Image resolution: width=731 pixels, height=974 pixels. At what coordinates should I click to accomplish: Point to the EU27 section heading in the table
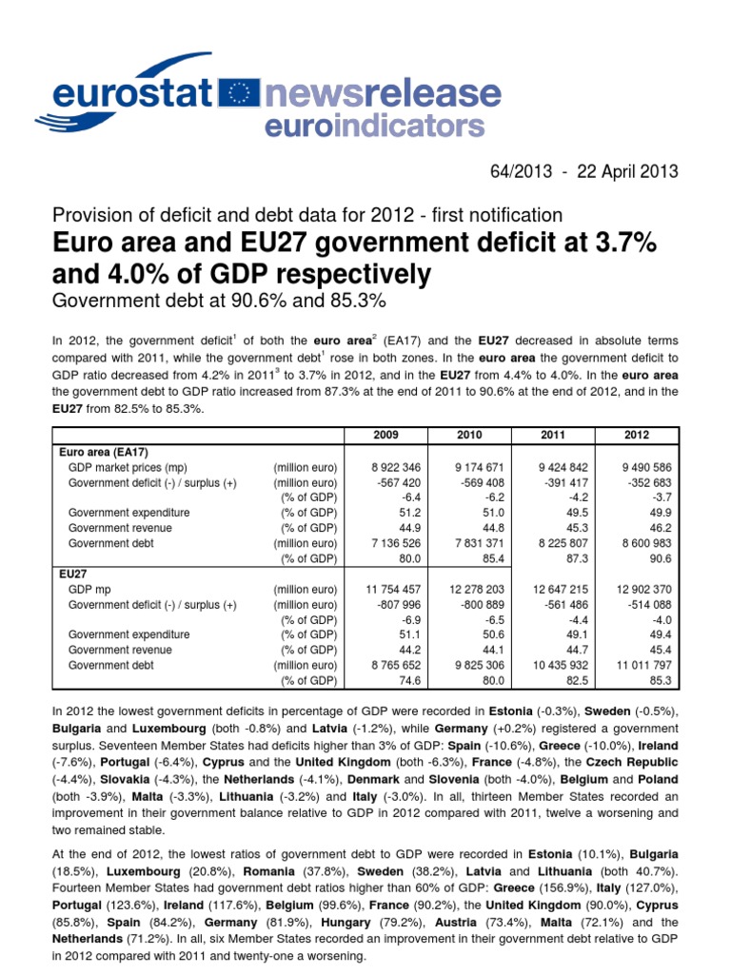tap(74, 574)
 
